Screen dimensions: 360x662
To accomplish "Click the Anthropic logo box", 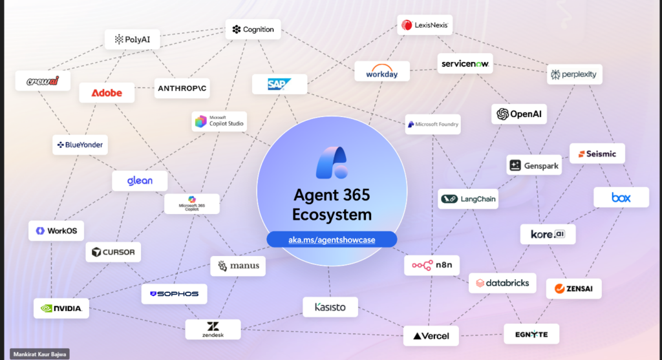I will [182, 89].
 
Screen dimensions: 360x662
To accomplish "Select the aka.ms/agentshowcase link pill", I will [332, 239].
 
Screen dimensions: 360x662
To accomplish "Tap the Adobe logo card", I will [107, 92].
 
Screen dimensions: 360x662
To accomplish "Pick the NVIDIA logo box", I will [61, 308].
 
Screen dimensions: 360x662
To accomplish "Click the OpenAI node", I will [519, 114].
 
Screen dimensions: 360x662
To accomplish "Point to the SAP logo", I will [279, 84].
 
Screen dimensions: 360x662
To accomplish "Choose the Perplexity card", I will [574, 75].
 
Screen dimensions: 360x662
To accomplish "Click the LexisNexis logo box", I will [425, 25].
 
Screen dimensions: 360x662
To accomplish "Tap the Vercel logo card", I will [431, 335].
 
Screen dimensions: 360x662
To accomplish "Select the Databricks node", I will [503, 283].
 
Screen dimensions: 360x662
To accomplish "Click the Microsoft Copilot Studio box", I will [219, 121].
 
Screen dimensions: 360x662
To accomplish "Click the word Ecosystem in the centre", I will [332, 215].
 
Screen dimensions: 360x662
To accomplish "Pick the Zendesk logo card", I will [213, 329].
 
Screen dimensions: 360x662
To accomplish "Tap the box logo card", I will [621, 197].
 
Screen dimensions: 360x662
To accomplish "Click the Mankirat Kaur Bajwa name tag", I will [39, 354].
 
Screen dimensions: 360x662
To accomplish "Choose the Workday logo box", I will [382, 71].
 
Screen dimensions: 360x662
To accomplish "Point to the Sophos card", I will [174, 294].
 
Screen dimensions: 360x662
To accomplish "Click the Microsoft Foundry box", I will [433, 124].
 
